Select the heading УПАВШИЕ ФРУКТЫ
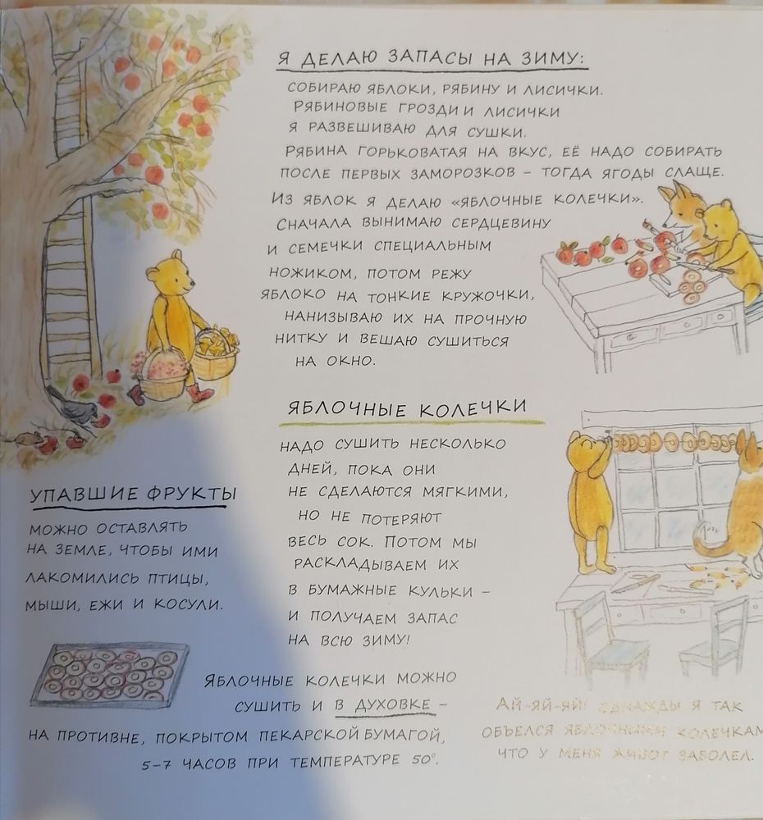coord(131,494)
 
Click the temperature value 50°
coord(422,761)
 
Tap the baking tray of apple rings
coord(110,674)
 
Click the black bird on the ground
coord(69,405)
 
